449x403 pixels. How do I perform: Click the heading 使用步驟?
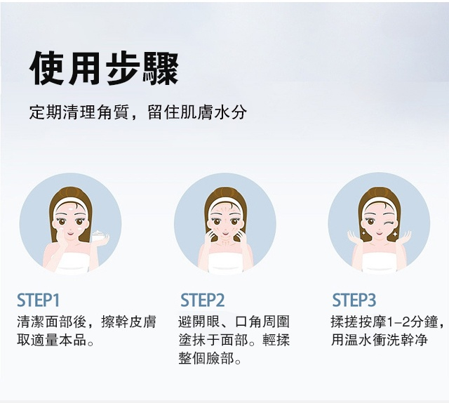click(104, 69)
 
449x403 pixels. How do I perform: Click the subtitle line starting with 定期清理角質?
click(138, 112)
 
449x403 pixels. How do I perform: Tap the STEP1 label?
click(39, 300)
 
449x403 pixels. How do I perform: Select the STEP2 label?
click(202, 300)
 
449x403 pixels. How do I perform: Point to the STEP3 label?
click(354, 300)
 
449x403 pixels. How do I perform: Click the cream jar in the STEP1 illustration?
click(99, 235)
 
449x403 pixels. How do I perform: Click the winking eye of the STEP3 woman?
click(388, 222)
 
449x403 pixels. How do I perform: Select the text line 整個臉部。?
click(210, 358)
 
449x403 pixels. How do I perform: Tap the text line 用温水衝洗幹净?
click(379, 341)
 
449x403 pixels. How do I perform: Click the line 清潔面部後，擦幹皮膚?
click(86, 322)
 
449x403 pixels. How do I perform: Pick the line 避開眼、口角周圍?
click(234, 322)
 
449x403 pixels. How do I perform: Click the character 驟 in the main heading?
click(161, 69)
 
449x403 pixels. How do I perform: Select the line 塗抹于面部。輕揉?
click(234, 341)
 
